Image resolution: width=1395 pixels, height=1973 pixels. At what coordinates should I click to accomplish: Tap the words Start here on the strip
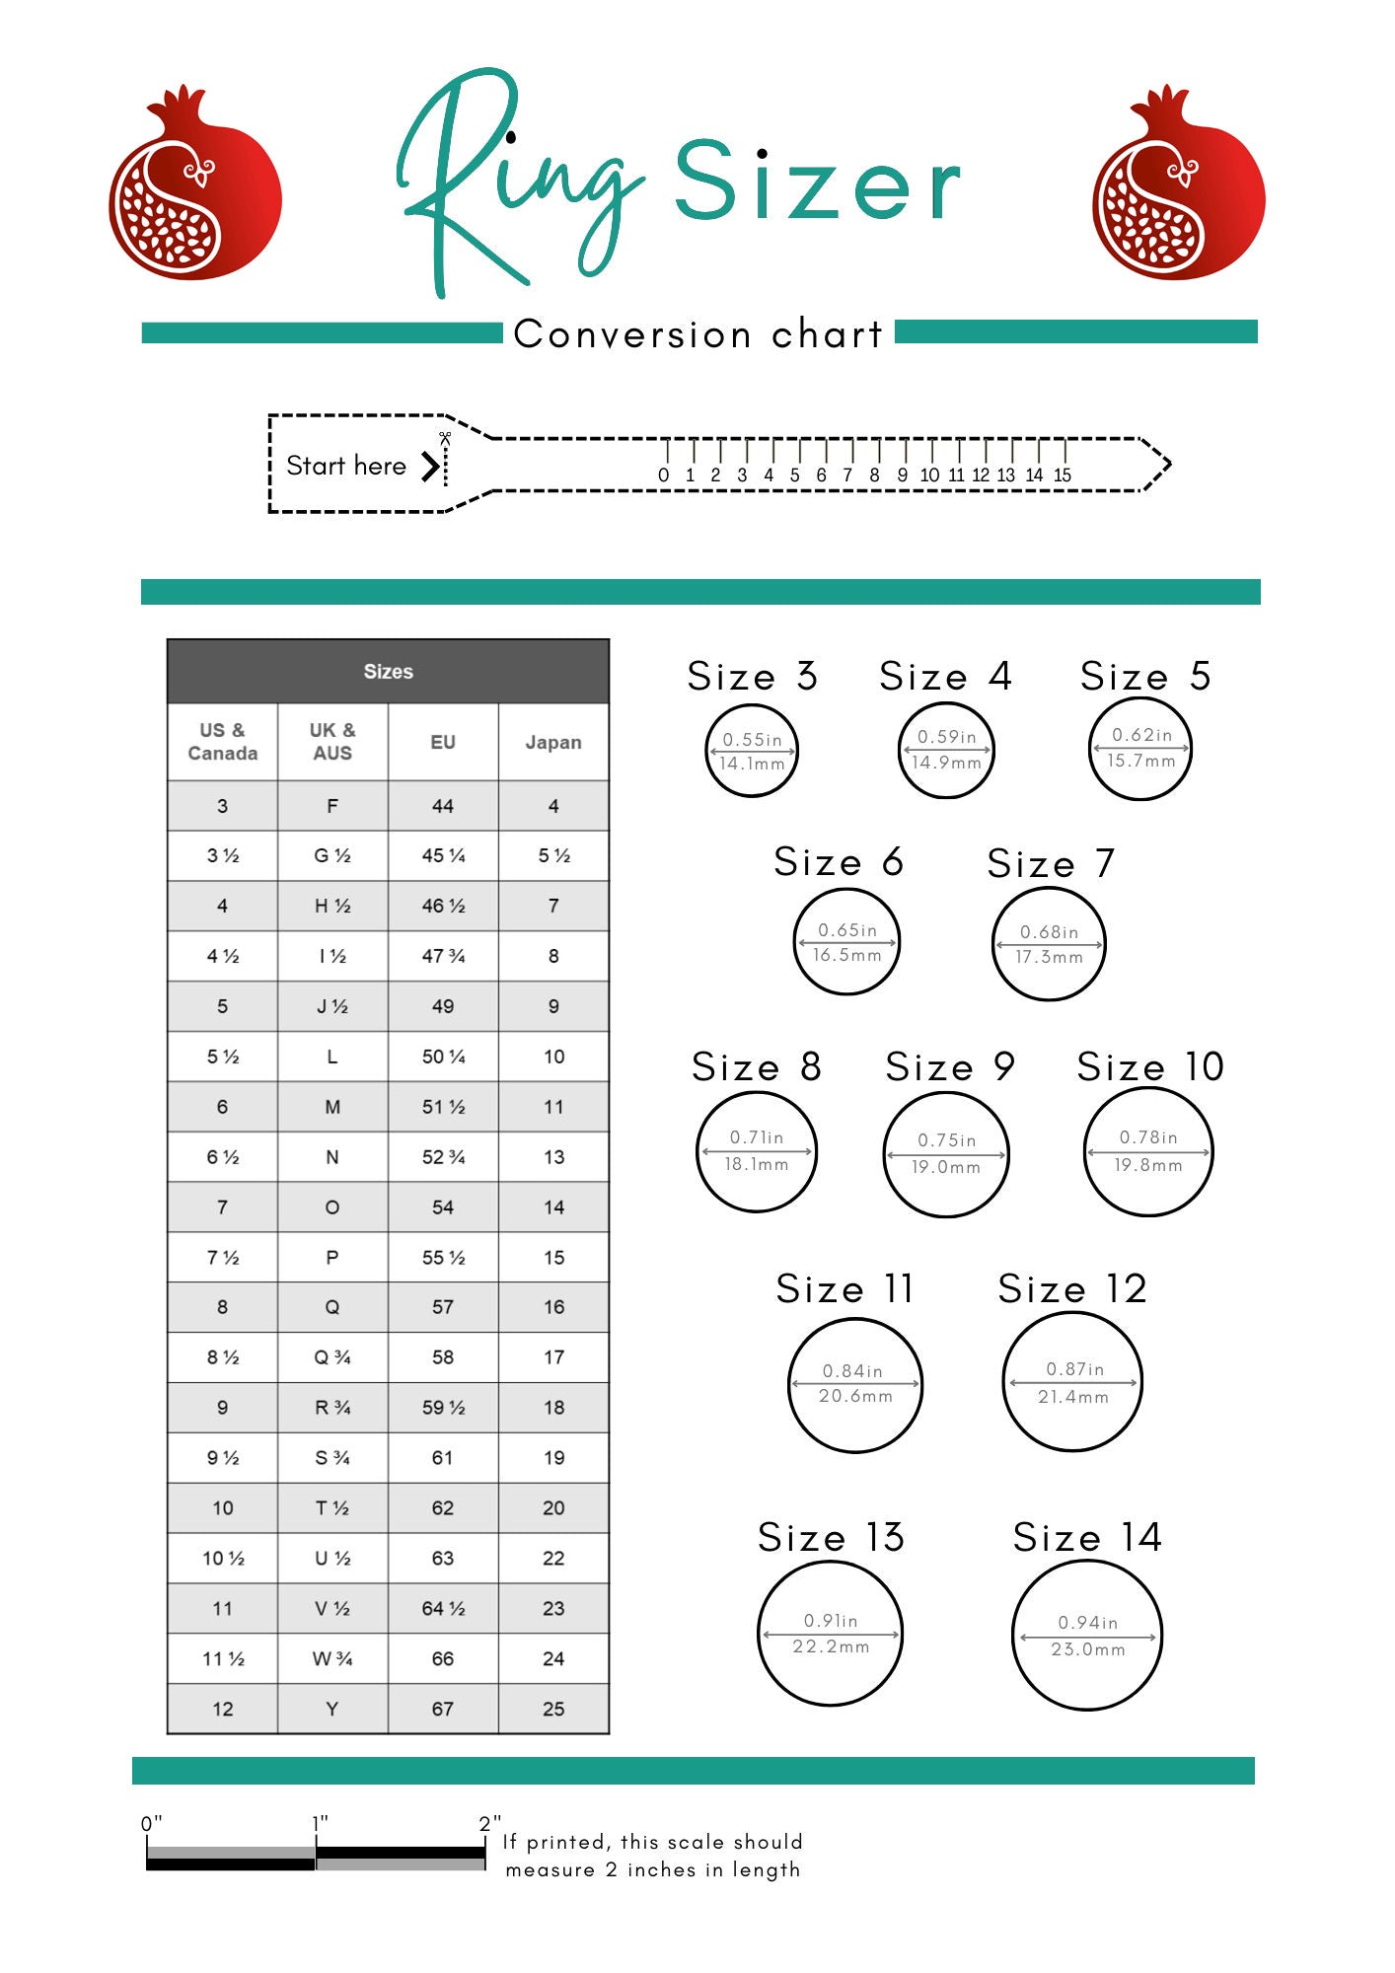tap(345, 466)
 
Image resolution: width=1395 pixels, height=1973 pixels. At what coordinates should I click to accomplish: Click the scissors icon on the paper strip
tap(445, 438)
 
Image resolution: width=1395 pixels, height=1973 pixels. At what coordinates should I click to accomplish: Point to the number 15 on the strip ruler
tap(1063, 475)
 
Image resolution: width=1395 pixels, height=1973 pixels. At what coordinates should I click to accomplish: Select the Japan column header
tap(553, 742)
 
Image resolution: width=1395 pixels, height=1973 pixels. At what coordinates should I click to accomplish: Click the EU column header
tap(443, 742)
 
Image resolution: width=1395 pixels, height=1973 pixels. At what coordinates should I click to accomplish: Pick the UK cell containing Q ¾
tap(332, 1357)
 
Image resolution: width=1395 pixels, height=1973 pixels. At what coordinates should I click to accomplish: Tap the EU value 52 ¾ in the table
tap(443, 1157)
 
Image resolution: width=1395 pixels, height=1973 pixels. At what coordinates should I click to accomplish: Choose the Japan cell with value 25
tap(553, 1709)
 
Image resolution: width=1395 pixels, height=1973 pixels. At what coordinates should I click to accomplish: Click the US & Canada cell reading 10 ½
tap(223, 1559)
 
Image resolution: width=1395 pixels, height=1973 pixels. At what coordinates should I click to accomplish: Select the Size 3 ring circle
tap(752, 751)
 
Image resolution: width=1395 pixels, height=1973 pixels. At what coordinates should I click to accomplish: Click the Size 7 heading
tap(1051, 864)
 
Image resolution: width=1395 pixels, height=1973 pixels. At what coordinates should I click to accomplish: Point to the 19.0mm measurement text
tap(945, 1167)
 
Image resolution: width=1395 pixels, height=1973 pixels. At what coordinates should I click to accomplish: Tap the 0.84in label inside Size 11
tap(852, 1371)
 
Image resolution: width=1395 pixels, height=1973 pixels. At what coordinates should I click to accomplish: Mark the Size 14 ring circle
tap(1087, 1636)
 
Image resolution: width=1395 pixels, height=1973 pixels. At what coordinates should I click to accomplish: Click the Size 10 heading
tap(1150, 1067)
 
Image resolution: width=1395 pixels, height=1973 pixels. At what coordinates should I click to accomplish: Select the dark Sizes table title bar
tap(388, 672)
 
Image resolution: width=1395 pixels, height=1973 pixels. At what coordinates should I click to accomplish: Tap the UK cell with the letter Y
tap(332, 1709)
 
